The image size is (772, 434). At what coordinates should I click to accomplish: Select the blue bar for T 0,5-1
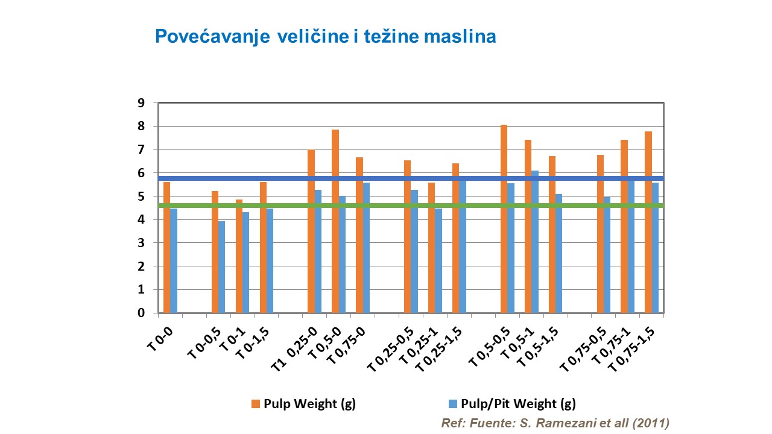coord(535,242)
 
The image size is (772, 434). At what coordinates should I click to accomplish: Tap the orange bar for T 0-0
coord(166,247)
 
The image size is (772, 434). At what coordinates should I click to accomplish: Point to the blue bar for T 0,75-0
coord(366,248)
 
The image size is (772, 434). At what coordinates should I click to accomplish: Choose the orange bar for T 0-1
coord(239,256)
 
